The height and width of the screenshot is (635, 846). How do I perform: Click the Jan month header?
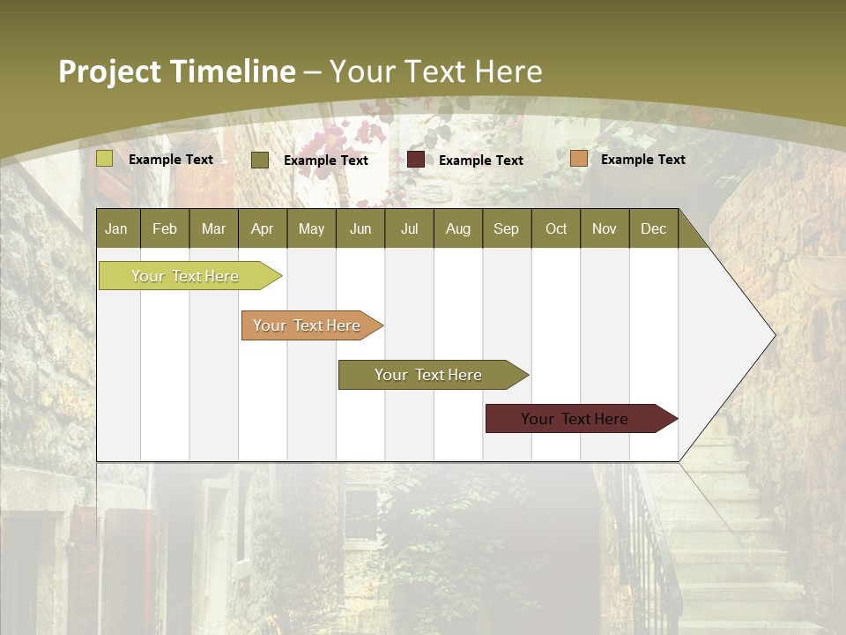click(116, 228)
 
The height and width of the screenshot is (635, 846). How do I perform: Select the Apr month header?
click(262, 228)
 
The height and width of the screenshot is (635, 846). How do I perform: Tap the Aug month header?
click(457, 228)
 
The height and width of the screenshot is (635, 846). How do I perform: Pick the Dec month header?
click(653, 228)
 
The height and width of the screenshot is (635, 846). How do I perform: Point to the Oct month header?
click(556, 228)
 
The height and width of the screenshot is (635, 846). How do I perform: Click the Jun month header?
click(360, 228)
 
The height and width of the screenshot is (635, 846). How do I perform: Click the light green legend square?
click(105, 159)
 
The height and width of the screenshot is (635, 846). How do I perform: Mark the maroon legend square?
click(416, 159)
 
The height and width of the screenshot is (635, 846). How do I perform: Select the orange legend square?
click(578, 159)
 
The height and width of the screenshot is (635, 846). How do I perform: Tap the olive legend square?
click(260, 160)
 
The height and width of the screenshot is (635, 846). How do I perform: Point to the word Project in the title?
click(111, 71)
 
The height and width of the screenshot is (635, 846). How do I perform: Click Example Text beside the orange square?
click(642, 160)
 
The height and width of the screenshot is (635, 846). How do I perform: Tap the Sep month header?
click(506, 228)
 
